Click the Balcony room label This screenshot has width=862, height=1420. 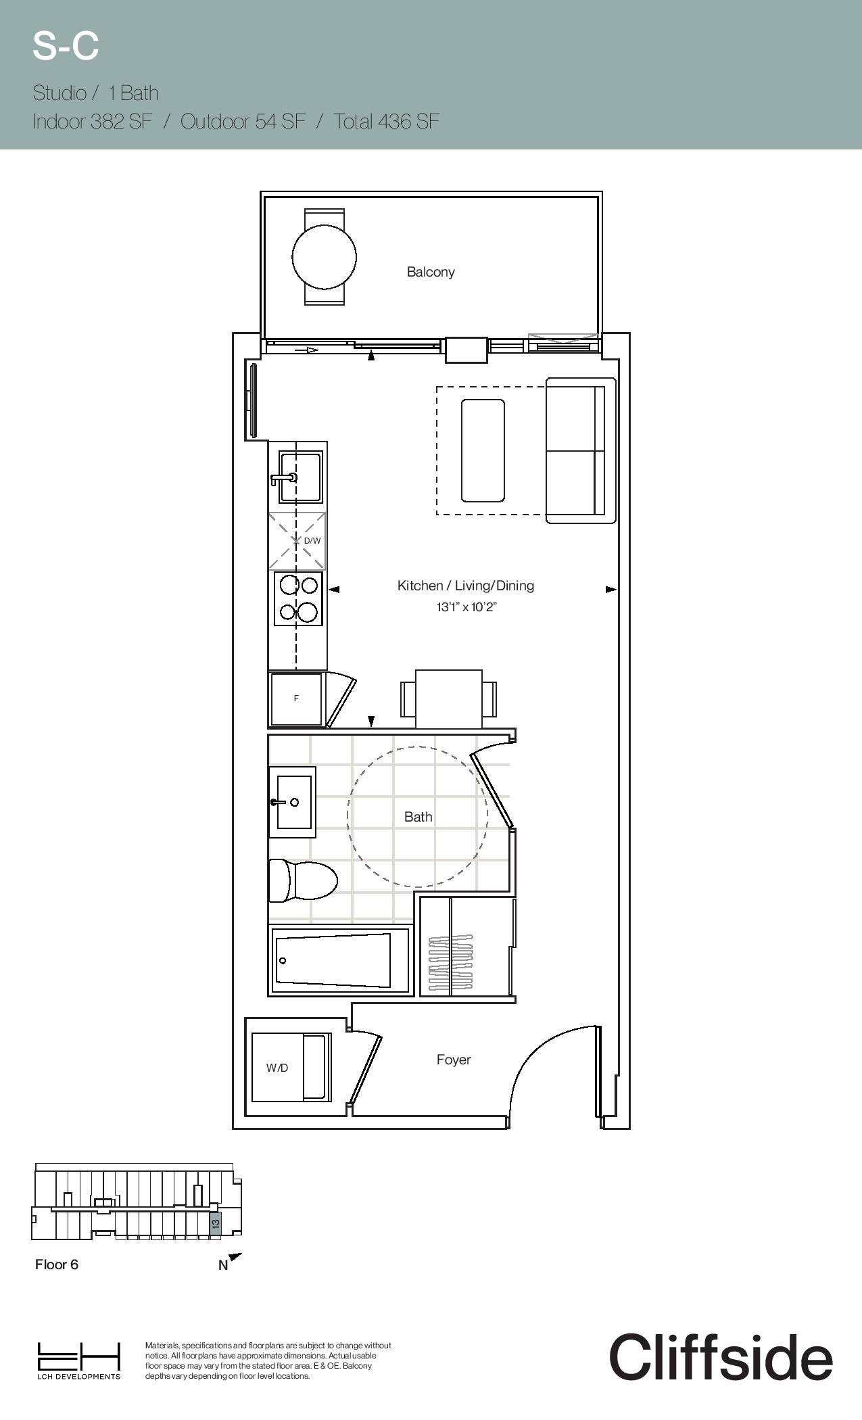pyautogui.click(x=431, y=272)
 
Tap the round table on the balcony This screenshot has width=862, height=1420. pyautogui.click(x=325, y=257)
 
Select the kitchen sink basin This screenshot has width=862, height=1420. pyautogui.click(x=301, y=477)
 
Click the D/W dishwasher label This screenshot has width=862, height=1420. pyautogui.click(x=312, y=541)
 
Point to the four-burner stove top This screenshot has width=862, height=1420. pyautogui.click(x=298, y=598)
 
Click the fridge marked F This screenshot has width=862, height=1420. pyautogui.click(x=296, y=699)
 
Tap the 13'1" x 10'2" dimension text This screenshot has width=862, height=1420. pyautogui.click(x=466, y=607)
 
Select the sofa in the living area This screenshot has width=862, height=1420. pyautogui.click(x=581, y=450)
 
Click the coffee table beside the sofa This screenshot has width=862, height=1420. pyautogui.click(x=483, y=450)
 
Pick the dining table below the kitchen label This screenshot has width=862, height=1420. pyautogui.click(x=449, y=699)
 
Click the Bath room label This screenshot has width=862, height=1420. pyautogui.click(x=418, y=817)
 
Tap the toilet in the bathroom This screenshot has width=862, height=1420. pyautogui.click(x=303, y=880)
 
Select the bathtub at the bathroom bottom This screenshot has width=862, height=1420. pyautogui.click(x=341, y=960)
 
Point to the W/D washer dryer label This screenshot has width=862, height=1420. pyautogui.click(x=277, y=1068)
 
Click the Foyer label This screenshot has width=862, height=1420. pyautogui.click(x=454, y=1060)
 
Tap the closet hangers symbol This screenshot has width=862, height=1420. pyautogui.click(x=451, y=963)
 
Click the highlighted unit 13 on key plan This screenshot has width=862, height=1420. pyautogui.click(x=216, y=1223)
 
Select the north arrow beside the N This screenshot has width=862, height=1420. pyautogui.click(x=235, y=1257)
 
